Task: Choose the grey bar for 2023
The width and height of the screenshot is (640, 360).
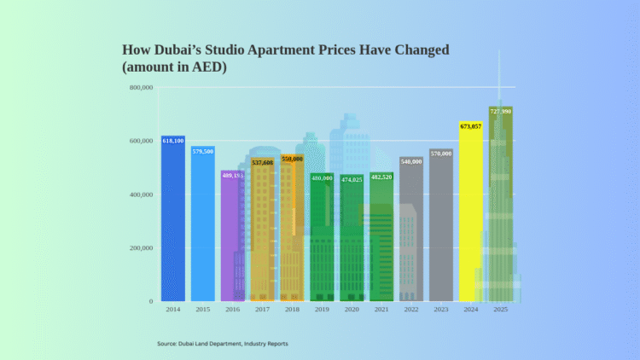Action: (441, 225)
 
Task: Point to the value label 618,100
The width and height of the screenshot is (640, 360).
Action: (173, 140)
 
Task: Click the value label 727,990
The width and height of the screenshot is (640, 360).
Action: (501, 111)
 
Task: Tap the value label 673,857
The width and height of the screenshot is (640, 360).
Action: (471, 125)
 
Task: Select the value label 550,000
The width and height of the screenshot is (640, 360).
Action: (292, 159)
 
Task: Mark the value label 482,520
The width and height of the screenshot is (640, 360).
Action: (381, 177)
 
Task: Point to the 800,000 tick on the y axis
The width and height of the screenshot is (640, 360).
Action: (142, 87)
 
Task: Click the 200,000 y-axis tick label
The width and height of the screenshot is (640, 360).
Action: (142, 247)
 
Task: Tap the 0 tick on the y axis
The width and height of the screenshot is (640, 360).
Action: (151, 301)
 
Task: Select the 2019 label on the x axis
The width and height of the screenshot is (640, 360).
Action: (322, 311)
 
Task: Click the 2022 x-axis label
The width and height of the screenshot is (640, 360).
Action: (411, 311)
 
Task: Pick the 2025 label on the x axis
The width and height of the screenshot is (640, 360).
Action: (501, 311)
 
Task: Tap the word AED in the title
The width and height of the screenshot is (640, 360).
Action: (211, 67)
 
